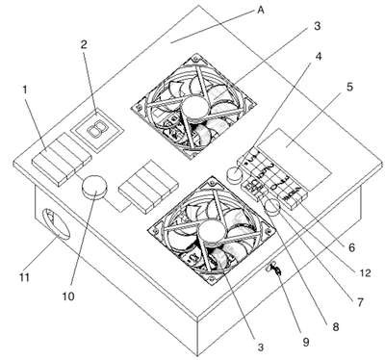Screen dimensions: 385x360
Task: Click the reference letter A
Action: (x=261, y=11)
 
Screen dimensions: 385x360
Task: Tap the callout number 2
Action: (x=84, y=44)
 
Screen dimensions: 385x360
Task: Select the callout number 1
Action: (x=25, y=90)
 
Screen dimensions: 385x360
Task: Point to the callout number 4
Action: (x=318, y=57)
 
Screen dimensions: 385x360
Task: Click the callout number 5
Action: (x=349, y=87)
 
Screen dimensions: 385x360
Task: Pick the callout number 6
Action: (x=352, y=247)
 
